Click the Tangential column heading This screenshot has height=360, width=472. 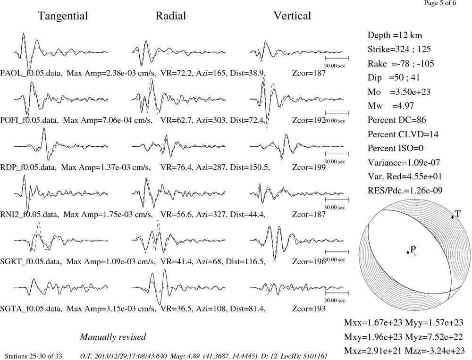click(x=63, y=16)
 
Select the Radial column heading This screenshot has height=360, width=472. click(x=171, y=16)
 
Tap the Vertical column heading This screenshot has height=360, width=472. click(x=292, y=16)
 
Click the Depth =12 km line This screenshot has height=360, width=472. click(x=395, y=35)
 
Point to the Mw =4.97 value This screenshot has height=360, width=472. click(x=391, y=106)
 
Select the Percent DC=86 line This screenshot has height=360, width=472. click(x=397, y=120)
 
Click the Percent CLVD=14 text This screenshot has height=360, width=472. click(x=403, y=134)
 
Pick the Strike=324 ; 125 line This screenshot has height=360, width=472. click(x=399, y=50)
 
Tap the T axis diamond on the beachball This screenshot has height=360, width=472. click(x=452, y=217)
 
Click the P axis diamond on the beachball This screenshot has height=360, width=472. click(x=408, y=252)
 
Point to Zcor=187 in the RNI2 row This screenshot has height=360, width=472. click(x=309, y=215)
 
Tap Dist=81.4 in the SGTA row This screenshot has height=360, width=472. click(x=248, y=309)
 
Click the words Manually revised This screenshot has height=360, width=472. click(x=113, y=337)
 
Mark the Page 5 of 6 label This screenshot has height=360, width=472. click(x=440, y=3)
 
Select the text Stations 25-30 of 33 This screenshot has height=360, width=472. click(x=34, y=356)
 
